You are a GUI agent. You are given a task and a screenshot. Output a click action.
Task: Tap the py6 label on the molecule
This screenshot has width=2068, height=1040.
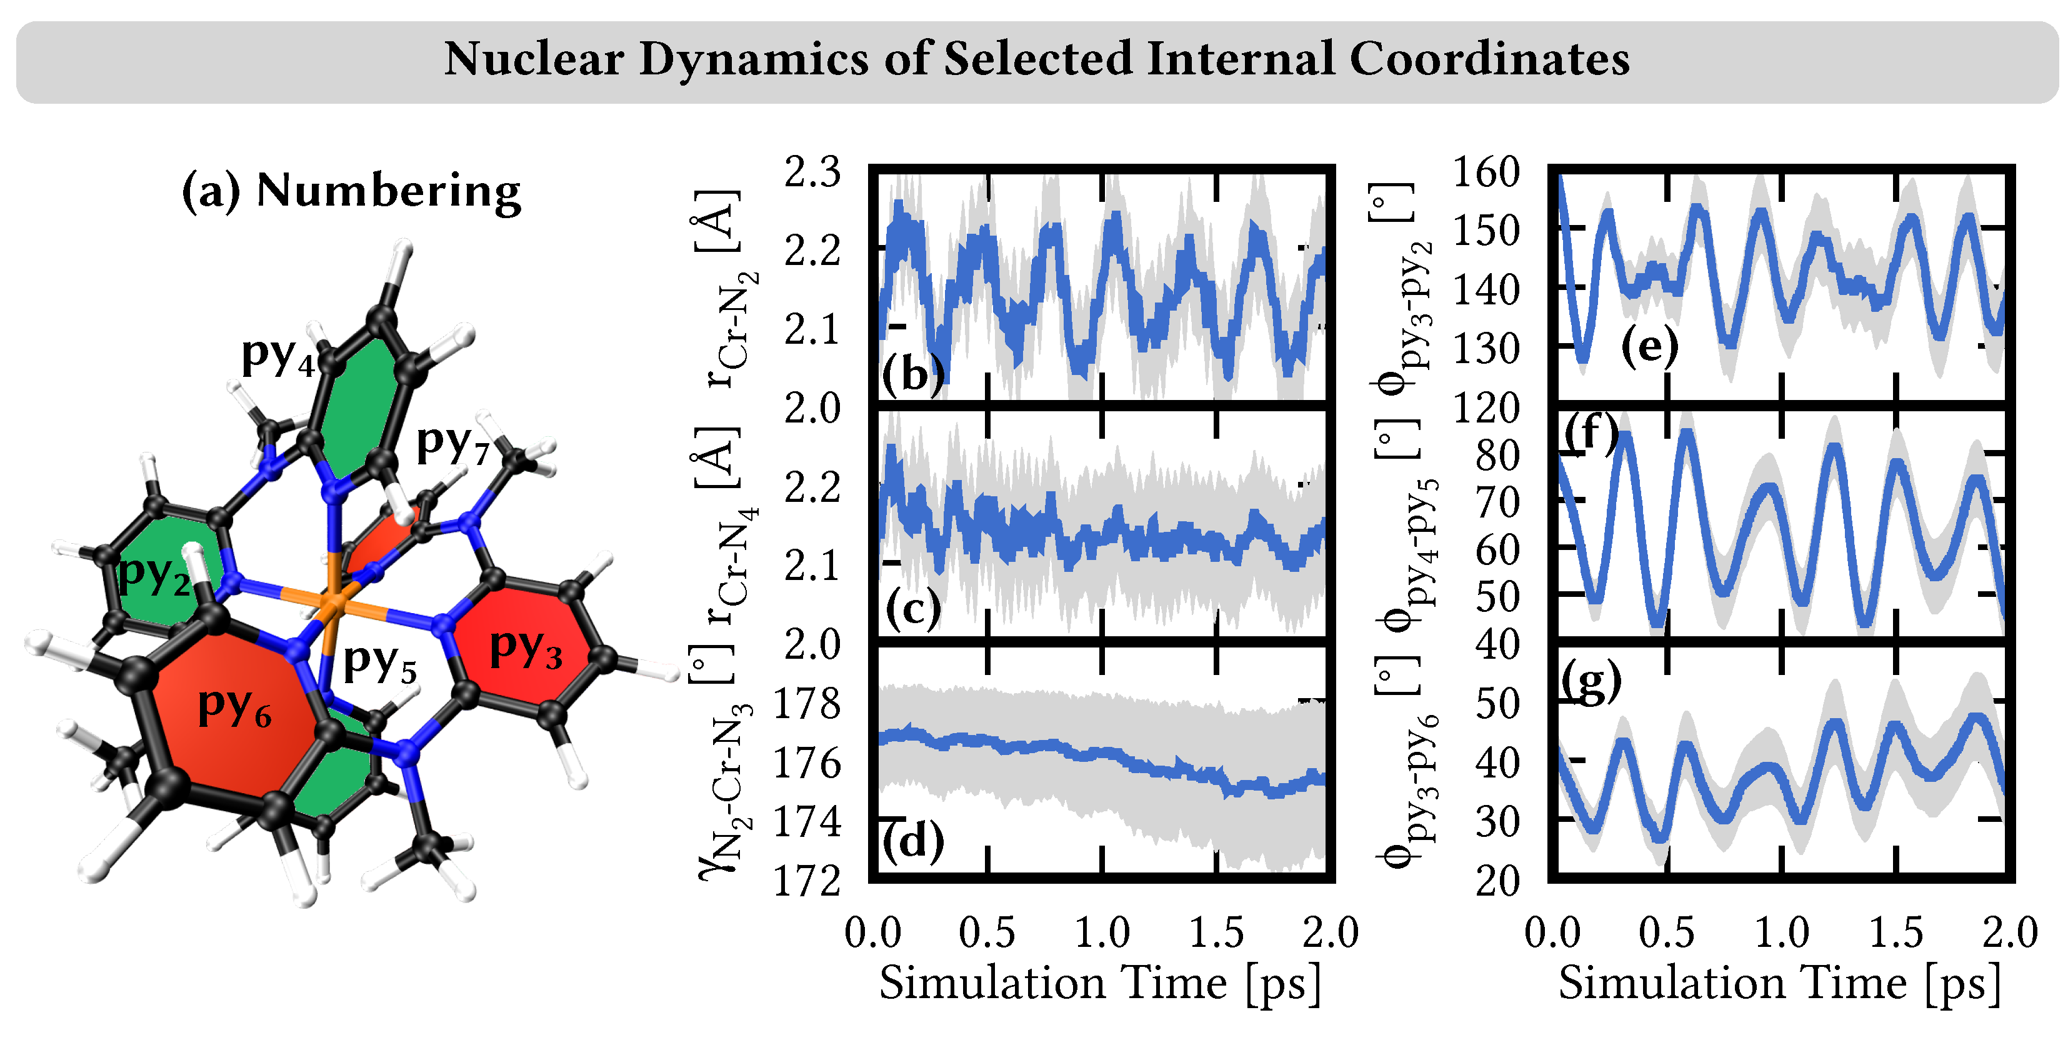(234, 707)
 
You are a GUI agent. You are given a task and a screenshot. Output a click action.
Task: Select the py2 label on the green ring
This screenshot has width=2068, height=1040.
(154, 575)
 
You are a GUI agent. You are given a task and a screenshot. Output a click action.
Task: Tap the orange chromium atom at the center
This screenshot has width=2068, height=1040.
(332, 601)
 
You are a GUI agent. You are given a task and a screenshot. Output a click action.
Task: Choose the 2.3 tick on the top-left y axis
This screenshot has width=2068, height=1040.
(812, 172)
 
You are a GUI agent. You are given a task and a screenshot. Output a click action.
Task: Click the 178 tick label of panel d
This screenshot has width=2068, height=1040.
(806, 704)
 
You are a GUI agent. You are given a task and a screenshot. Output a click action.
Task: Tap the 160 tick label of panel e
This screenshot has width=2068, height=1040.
(1487, 172)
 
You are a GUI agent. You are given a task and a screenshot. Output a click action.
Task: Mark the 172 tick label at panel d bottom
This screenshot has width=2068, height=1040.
(806, 882)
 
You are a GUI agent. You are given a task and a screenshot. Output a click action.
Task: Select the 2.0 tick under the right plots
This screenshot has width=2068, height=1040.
(2009, 933)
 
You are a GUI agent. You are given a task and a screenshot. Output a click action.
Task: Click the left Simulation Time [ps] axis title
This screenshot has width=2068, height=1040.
(1100, 984)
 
